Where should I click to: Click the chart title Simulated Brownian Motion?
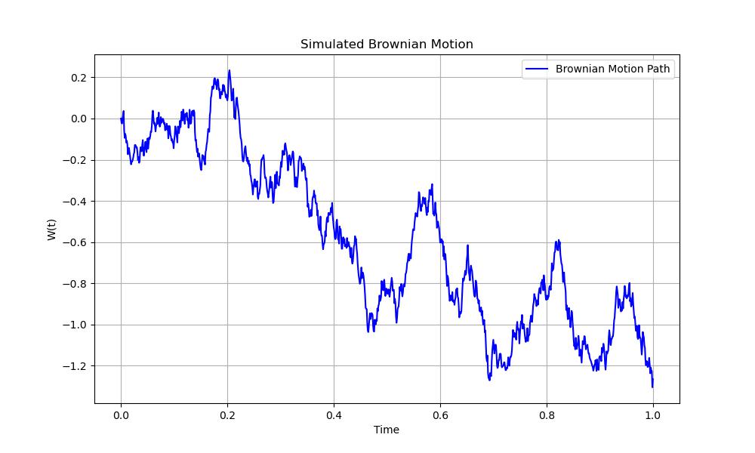[x=387, y=45]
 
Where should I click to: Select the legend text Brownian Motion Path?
[x=612, y=69]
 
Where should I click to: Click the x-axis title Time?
[x=387, y=430]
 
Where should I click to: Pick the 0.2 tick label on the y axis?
[x=79, y=78]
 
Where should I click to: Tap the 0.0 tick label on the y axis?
[x=79, y=119]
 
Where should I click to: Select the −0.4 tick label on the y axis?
[x=75, y=202]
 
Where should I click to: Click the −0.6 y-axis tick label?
[x=75, y=242]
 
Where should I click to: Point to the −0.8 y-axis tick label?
[x=75, y=284]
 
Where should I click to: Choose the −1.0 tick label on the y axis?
[x=75, y=325]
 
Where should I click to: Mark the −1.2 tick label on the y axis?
[x=75, y=366]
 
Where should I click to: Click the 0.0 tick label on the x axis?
[x=121, y=414]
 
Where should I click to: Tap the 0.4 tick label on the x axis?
[x=334, y=414]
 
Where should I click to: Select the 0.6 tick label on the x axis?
[x=440, y=414]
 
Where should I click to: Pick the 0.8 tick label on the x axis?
[x=547, y=414]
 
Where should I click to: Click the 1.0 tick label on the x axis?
[x=653, y=414]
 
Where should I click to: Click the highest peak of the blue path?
[x=230, y=71]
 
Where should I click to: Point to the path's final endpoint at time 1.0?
[x=652, y=387]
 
